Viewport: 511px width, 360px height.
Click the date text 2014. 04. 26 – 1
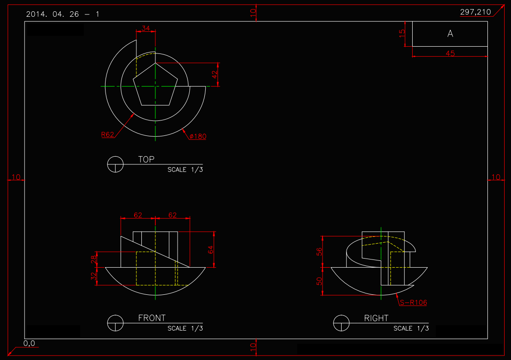(x=63, y=14)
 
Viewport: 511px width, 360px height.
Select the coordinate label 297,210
(x=475, y=12)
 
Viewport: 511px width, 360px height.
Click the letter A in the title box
(x=450, y=34)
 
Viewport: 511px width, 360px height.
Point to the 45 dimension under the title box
(x=450, y=53)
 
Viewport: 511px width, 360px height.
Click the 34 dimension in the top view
(x=146, y=28)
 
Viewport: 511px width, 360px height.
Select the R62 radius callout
(x=107, y=134)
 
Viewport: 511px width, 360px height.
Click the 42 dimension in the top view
(x=215, y=72)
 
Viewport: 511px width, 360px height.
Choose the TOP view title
(x=146, y=159)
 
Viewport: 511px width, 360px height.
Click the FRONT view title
(x=152, y=318)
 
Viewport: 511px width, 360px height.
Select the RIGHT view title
(x=376, y=318)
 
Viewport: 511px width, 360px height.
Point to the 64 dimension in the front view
(x=211, y=250)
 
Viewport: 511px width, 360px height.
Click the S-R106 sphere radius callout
(x=413, y=302)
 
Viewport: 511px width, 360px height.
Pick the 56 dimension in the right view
(x=319, y=251)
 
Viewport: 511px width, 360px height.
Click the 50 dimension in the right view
(x=319, y=281)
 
